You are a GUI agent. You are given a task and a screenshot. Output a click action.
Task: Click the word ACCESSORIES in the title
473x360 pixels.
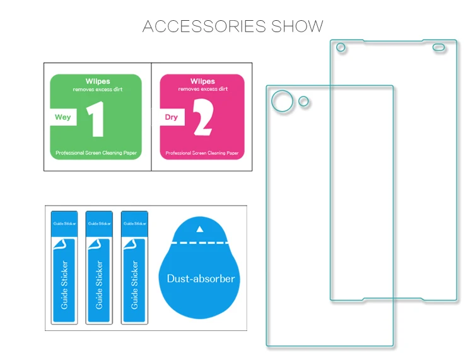tap(204, 26)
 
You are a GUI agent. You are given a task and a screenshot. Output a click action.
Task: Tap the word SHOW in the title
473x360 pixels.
tap(297, 26)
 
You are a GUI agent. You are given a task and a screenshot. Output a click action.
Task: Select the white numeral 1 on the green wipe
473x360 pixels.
tap(96, 119)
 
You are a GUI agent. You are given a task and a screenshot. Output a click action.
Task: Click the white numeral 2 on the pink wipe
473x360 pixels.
tap(203, 117)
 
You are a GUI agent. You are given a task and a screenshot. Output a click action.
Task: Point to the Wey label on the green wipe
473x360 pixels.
tap(62, 117)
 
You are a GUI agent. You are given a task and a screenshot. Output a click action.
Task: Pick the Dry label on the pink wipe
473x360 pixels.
tap(171, 117)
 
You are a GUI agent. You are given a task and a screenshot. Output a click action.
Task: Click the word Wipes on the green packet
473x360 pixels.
tap(98, 81)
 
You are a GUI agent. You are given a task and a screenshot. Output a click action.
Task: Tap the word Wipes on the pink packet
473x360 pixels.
tap(202, 81)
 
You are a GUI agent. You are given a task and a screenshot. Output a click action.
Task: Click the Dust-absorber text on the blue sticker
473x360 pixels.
tap(201, 279)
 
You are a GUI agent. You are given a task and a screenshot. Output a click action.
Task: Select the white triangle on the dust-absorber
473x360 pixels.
tap(200, 229)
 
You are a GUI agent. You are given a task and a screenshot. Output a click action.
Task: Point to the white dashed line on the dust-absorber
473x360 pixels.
tap(200, 242)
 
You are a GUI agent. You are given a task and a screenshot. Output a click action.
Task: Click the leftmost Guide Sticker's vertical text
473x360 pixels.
tap(64, 285)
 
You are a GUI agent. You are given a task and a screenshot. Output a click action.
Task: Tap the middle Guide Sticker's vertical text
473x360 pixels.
tap(99, 285)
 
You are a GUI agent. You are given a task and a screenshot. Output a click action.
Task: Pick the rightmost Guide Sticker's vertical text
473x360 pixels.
tap(134, 285)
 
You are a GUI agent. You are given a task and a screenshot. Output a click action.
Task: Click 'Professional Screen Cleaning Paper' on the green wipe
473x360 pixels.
tap(96, 153)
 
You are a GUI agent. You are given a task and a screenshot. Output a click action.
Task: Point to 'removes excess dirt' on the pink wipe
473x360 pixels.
tap(202, 89)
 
